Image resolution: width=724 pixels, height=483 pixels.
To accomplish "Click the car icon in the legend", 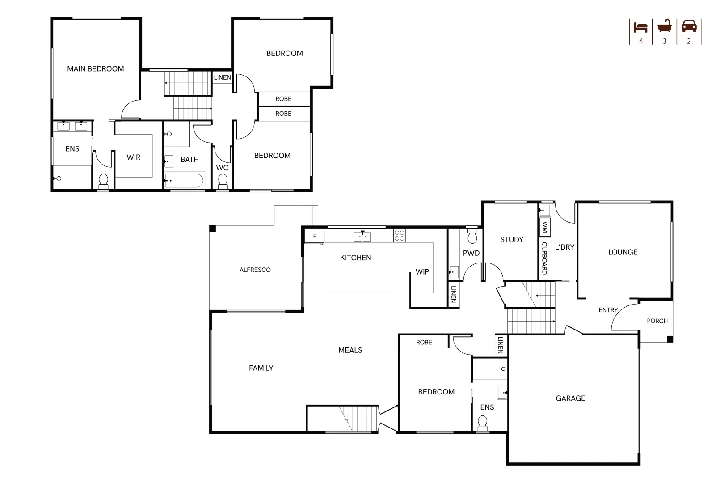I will [x=689, y=26].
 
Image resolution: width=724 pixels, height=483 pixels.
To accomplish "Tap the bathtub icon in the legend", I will [x=665, y=26].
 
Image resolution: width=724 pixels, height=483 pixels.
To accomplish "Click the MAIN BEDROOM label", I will [x=95, y=69].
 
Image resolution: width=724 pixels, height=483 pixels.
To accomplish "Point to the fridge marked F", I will [x=315, y=237].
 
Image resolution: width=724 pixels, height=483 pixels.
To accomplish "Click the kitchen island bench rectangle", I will [x=358, y=283].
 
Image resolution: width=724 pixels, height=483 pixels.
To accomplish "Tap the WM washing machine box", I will [x=544, y=227].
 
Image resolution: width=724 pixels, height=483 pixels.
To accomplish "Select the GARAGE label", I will [x=570, y=398].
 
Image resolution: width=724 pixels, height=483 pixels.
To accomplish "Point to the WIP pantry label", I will [x=422, y=272].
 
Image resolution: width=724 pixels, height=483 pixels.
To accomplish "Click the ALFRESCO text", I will [x=255, y=270].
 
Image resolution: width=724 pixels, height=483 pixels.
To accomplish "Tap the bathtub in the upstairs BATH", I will [x=184, y=181].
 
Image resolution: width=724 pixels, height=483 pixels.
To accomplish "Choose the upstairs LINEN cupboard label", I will [x=222, y=77].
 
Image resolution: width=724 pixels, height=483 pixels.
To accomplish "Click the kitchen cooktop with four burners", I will [x=399, y=236].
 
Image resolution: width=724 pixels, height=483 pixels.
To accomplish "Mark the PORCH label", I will [x=657, y=321].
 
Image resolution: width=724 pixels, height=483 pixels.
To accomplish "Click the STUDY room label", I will [x=511, y=240].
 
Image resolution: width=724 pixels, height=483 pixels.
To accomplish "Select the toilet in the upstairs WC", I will [x=223, y=182].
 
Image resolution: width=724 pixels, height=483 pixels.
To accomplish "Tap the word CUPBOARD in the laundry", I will [x=544, y=258].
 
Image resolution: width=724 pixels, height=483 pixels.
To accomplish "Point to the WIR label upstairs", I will [x=133, y=157].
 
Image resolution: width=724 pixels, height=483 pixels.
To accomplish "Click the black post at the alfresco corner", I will [x=213, y=229].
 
